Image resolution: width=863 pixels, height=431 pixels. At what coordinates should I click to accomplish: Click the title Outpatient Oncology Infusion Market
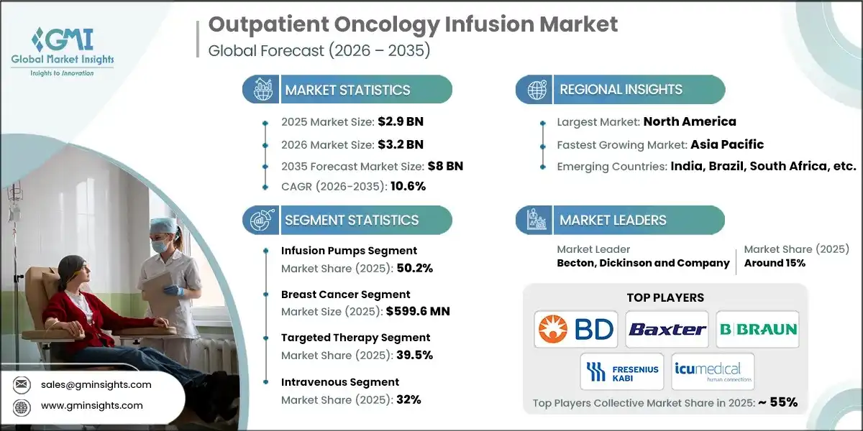(x=413, y=24)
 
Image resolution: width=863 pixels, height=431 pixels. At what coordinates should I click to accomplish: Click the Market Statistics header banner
(x=347, y=90)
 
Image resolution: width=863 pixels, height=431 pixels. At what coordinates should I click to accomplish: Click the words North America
(x=689, y=121)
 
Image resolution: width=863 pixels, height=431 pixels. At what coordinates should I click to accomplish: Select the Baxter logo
(x=667, y=329)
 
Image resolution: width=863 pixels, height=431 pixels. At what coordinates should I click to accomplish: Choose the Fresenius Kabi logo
(x=622, y=371)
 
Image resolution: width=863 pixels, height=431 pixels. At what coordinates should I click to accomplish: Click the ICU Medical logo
(x=712, y=371)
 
